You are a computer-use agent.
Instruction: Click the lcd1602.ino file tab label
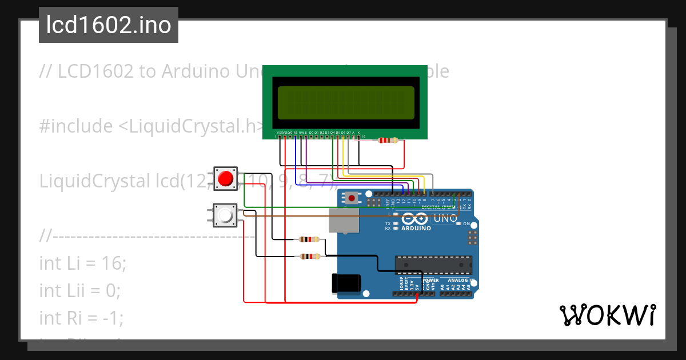(108, 25)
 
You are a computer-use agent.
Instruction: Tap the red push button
(226, 178)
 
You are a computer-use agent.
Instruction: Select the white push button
(226, 215)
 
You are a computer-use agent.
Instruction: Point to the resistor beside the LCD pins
(389, 140)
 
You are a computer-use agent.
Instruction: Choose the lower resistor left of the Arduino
(309, 257)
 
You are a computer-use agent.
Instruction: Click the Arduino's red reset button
(352, 198)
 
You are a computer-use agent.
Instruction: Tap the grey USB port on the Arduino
(344, 220)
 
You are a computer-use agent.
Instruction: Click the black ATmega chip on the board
(433, 265)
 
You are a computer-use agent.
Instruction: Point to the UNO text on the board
(445, 218)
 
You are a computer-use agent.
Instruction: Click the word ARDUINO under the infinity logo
(416, 228)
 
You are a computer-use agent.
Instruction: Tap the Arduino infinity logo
(415, 218)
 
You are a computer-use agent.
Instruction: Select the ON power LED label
(466, 223)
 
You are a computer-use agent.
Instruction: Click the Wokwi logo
(607, 315)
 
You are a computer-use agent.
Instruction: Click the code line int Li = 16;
(82, 263)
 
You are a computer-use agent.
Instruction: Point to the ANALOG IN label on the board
(461, 281)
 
